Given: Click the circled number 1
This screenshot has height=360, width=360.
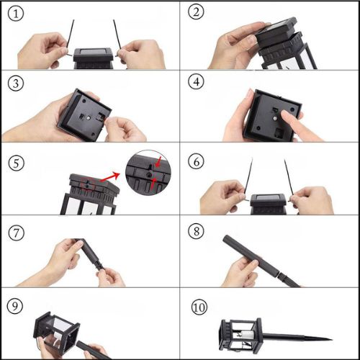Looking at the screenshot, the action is click(x=16, y=14).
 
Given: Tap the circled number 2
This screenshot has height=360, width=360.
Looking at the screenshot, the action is click(x=196, y=12).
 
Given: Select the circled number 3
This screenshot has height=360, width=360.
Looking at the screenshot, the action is click(x=16, y=84).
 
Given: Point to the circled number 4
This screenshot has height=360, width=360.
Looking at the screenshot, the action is click(x=197, y=81).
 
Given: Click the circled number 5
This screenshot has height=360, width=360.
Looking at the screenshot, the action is click(x=17, y=163).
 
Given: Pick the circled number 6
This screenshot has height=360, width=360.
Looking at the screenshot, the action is click(x=197, y=161).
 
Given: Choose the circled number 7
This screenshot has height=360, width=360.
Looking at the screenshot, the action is click(x=17, y=233).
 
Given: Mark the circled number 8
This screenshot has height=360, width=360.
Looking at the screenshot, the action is click(x=197, y=231).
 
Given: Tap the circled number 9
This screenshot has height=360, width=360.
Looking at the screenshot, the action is click(x=15, y=306).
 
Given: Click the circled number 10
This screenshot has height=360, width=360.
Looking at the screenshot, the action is click(x=199, y=307).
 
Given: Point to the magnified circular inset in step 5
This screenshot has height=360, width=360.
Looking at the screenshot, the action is click(x=148, y=173).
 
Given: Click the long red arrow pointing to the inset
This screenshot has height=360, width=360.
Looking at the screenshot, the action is click(x=110, y=177).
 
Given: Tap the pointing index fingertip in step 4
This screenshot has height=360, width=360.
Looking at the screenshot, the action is click(x=285, y=114).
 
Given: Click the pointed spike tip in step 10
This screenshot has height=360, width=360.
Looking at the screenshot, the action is click(x=332, y=340).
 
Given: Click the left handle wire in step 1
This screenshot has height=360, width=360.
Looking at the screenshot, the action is click(x=70, y=38).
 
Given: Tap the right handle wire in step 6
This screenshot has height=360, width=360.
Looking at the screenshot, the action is click(x=289, y=179).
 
